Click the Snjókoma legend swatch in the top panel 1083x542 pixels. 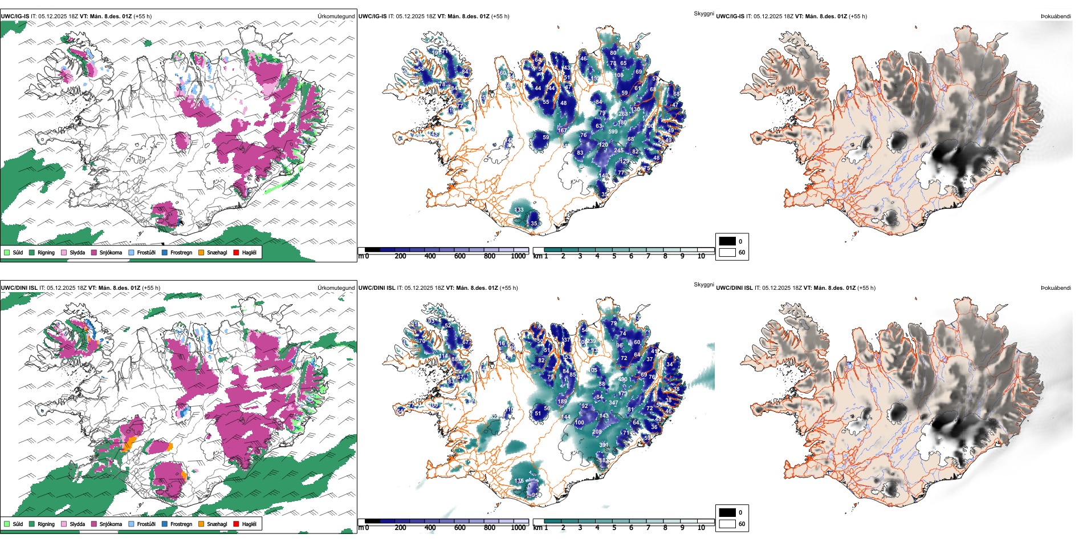[94, 252]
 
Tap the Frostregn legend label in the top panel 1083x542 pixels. [181, 252]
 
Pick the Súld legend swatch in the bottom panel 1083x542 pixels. [7, 524]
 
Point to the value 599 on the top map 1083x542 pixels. [613, 132]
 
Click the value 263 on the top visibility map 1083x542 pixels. [623, 114]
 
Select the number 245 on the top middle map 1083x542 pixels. [618, 151]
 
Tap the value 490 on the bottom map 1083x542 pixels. [622, 379]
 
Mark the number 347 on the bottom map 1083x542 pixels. [613, 403]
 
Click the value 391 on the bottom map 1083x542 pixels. [604, 445]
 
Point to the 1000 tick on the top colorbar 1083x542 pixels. [518, 256]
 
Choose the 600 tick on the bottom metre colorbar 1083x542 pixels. [460, 528]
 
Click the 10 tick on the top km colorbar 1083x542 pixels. [701, 256]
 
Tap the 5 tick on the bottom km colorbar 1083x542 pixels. [614, 528]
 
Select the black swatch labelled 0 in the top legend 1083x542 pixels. [727, 241]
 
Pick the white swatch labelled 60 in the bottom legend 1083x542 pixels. [727, 524]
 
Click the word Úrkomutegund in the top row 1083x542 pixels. [336, 16]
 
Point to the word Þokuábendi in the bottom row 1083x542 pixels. [1056, 288]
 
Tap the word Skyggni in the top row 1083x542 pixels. [703, 13]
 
